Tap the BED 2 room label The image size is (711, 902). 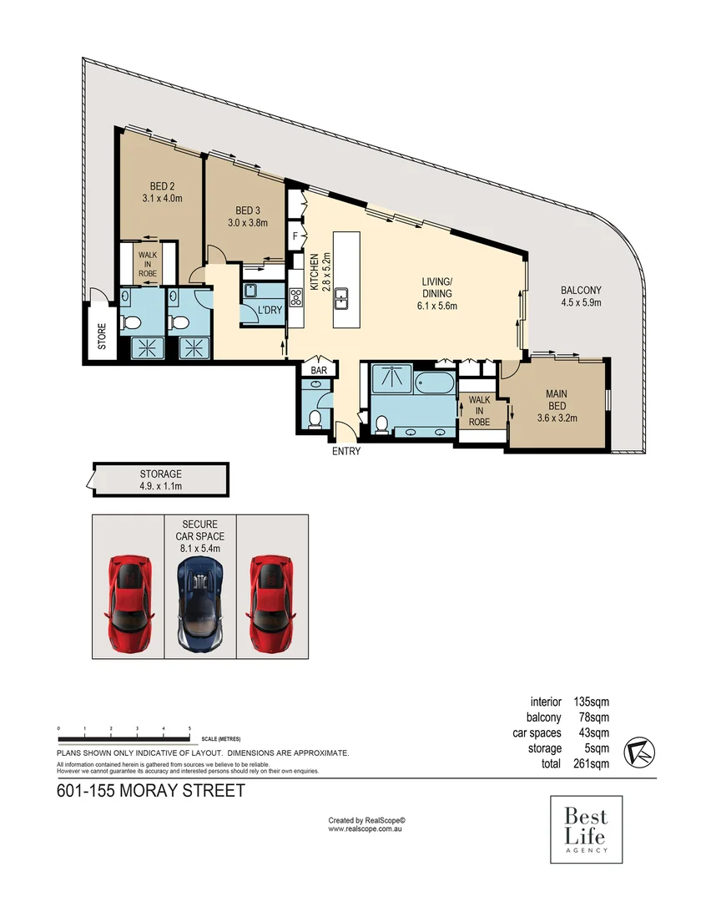[x=162, y=192]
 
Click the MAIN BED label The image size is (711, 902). [x=557, y=399]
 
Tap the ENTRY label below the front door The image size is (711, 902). [x=346, y=452]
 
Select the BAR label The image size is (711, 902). [x=318, y=370]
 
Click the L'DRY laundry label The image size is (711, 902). [x=269, y=311]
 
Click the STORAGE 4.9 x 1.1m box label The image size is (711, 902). [x=159, y=480]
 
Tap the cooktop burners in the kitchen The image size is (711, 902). [x=295, y=297]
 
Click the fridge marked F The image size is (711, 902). [x=295, y=237]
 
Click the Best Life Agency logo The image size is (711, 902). [x=586, y=829]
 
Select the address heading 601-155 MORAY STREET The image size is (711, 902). [x=150, y=791]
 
